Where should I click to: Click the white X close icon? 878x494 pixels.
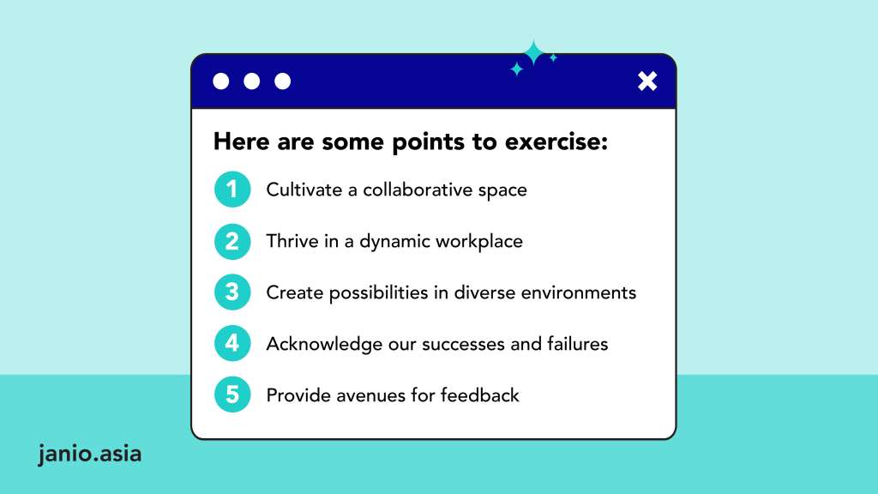pyautogui.click(x=647, y=81)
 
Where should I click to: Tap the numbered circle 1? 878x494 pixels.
pyautogui.click(x=232, y=190)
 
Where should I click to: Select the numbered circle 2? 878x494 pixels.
pyautogui.click(x=232, y=241)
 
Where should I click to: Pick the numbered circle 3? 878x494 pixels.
pyautogui.click(x=232, y=292)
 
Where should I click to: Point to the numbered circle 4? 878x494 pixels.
pyautogui.click(x=232, y=343)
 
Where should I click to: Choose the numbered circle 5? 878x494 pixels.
pyautogui.click(x=232, y=395)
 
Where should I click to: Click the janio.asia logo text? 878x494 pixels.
pyautogui.click(x=89, y=454)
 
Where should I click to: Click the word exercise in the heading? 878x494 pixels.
pyautogui.click(x=556, y=142)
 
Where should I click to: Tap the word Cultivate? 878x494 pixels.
pyautogui.click(x=304, y=190)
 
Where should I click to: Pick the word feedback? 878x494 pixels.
pyautogui.click(x=480, y=395)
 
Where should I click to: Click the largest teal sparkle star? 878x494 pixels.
pyautogui.click(x=533, y=53)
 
